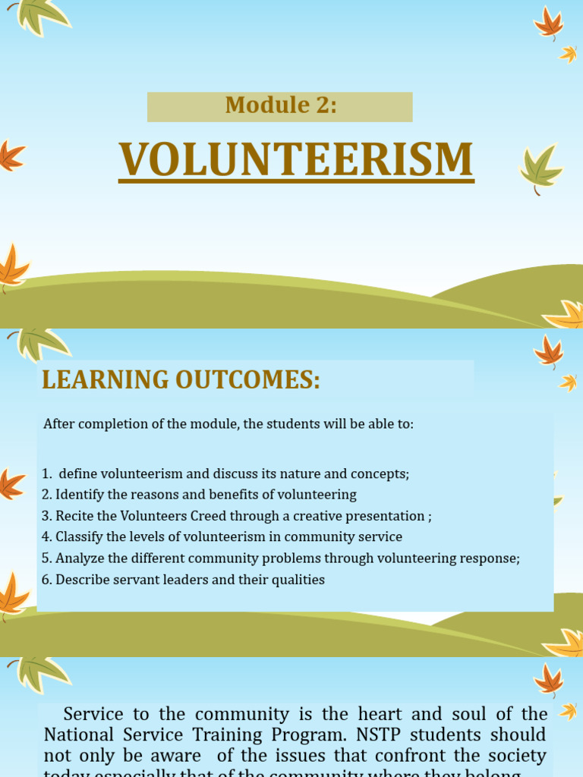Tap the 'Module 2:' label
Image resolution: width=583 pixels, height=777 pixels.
pos(280,106)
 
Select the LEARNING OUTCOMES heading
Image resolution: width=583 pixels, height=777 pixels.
pos(181,379)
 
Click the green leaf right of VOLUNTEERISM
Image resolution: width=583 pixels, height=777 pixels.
pos(540,168)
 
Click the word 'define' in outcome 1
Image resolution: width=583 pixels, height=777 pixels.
pos(78,473)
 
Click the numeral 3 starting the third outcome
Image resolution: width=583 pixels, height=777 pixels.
pos(46,516)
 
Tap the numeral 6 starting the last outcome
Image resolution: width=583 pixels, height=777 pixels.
pos(46,580)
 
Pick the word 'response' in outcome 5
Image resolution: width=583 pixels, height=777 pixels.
pos(490,558)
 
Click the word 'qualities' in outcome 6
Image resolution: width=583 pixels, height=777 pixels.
pos(298,580)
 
